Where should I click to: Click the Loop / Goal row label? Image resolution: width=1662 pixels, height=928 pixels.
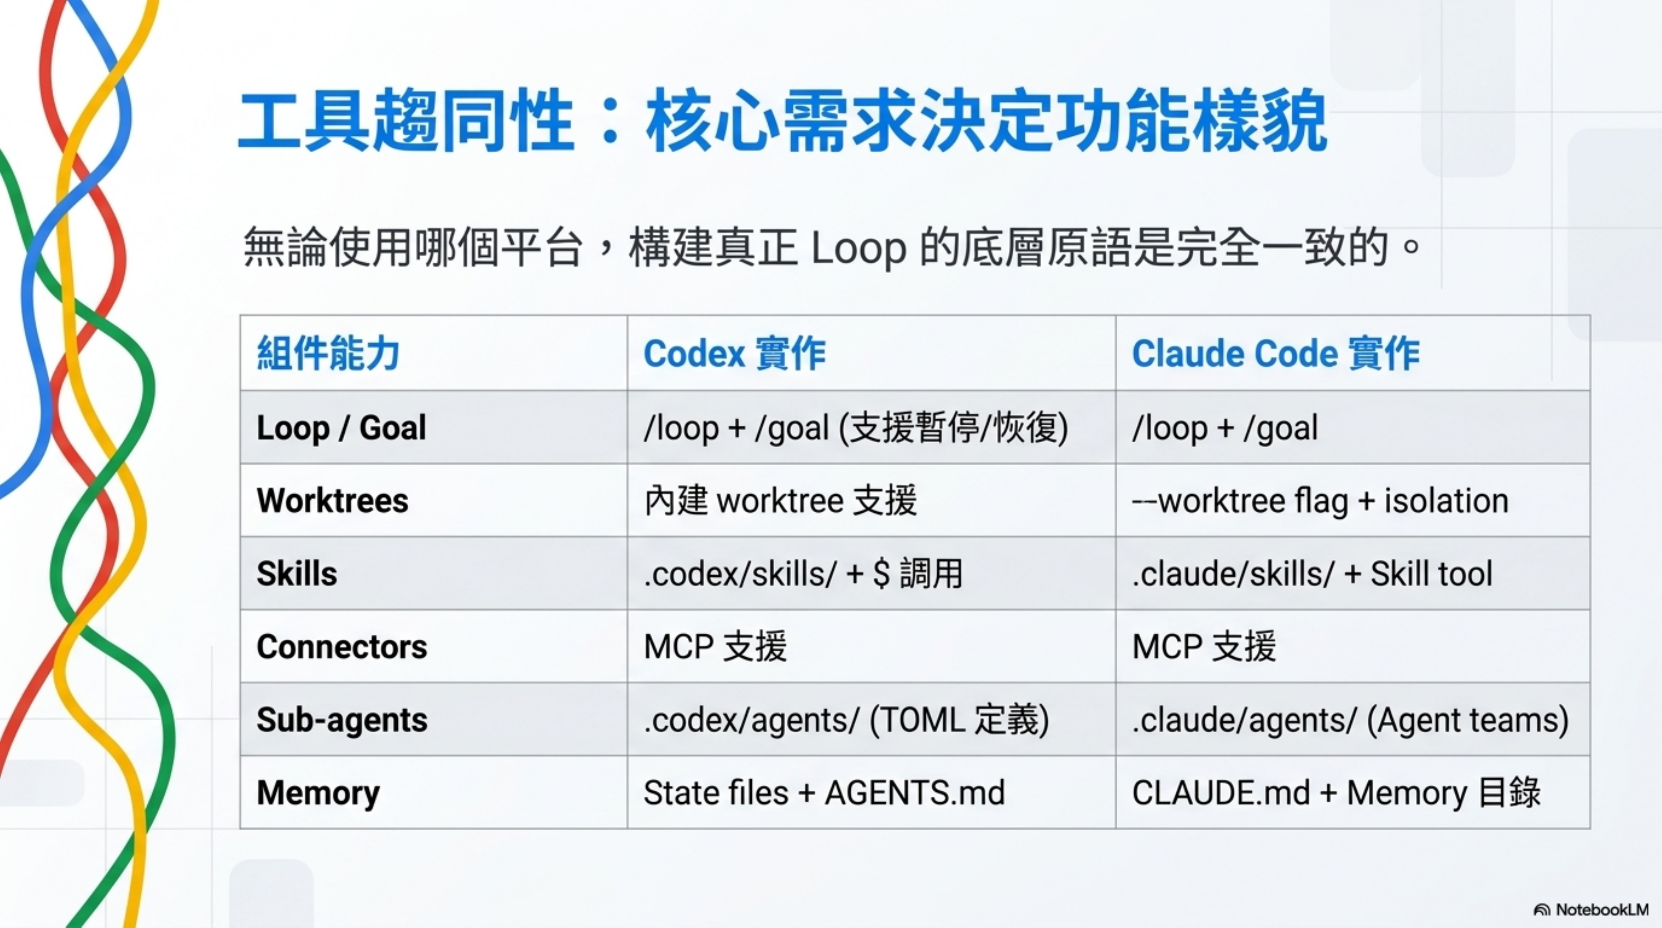coord(341,427)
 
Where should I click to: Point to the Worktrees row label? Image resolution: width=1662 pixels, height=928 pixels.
coord(332,500)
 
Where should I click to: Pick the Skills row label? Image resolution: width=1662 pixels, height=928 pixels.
coord(297,573)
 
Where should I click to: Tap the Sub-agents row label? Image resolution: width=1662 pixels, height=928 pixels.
coord(342,720)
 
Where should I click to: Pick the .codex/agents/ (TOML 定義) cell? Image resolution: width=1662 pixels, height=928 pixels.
coord(846,720)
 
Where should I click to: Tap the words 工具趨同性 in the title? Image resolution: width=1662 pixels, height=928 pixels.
coord(405,121)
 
